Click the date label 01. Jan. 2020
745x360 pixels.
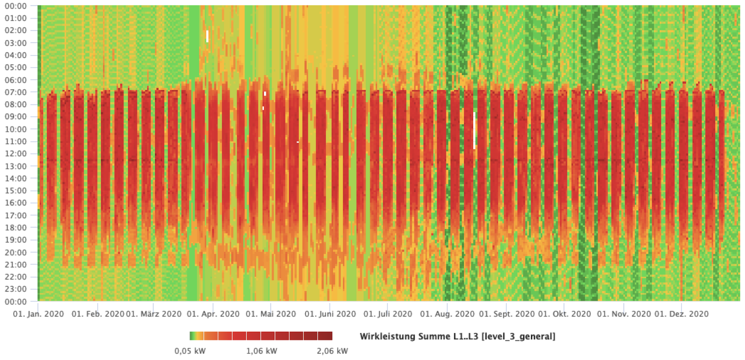[38, 314]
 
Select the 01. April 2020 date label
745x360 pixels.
[213, 314]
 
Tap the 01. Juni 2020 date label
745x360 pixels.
[330, 314]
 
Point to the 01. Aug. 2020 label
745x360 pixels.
[447, 314]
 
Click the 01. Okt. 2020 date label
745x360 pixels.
[564, 314]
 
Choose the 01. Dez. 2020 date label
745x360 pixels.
[681, 314]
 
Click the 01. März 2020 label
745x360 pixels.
[154, 314]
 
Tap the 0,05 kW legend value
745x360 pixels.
[190, 351]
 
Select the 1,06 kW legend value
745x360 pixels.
[261, 351]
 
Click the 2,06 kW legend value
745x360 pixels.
[332, 351]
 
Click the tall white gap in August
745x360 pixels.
[474, 130]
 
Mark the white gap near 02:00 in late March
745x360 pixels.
[207, 36]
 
